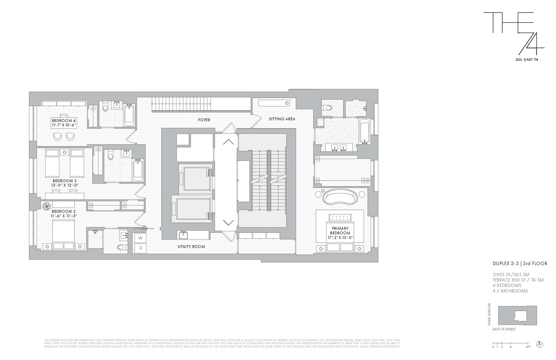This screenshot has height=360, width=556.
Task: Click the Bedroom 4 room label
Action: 64,121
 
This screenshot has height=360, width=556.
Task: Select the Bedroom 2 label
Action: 64,211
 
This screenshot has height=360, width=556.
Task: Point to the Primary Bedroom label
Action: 341,231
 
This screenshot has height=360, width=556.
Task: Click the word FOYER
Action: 204,120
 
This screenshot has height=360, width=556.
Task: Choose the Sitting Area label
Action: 282,119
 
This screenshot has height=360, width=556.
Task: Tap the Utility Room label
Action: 191,247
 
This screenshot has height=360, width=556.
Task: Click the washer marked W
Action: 140,238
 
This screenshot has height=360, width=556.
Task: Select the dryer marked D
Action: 140,248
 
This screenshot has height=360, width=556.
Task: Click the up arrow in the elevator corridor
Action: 228,142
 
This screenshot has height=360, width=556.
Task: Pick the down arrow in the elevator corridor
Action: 228,222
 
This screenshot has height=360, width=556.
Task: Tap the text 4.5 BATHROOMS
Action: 510,291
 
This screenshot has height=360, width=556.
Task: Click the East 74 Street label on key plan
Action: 504,329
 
